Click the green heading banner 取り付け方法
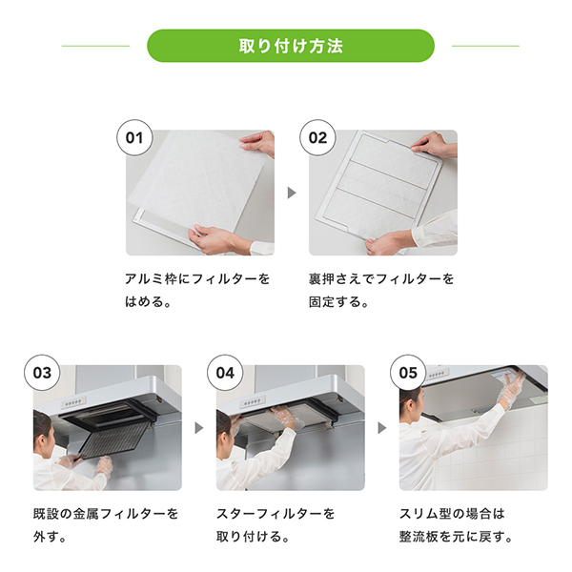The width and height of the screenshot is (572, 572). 291,46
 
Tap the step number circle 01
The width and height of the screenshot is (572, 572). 134,138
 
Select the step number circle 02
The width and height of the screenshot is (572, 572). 317,138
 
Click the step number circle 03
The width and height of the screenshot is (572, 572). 42,373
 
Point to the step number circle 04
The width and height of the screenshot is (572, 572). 225,373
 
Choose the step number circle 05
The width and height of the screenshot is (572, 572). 408,373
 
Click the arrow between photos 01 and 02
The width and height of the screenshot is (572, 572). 292,193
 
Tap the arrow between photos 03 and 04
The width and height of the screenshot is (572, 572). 199,428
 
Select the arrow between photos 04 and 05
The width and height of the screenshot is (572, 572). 382,428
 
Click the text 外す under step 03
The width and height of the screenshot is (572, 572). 46,537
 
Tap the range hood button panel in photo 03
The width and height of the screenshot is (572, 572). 73,402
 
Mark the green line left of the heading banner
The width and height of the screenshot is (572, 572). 95,46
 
